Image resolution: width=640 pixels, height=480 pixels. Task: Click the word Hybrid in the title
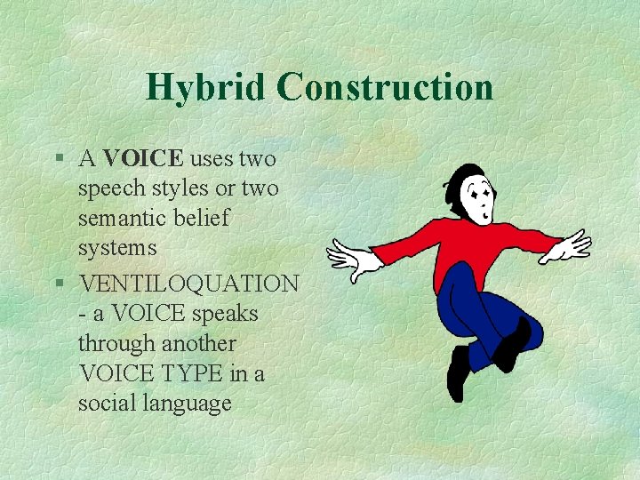click(205, 87)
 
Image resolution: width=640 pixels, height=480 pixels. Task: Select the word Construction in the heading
click(384, 87)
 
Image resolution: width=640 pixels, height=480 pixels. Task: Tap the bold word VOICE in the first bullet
click(143, 159)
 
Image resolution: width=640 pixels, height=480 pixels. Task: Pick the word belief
click(201, 218)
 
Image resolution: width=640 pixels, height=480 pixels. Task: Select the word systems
click(117, 247)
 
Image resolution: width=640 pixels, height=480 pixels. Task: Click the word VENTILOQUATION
click(188, 284)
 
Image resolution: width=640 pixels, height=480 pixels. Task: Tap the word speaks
click(228, 314)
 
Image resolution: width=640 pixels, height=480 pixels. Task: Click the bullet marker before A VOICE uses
click(58, 159)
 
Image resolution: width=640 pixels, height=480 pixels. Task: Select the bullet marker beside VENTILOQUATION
click(58, 284)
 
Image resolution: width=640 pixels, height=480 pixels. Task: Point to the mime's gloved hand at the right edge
click(570, 245)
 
